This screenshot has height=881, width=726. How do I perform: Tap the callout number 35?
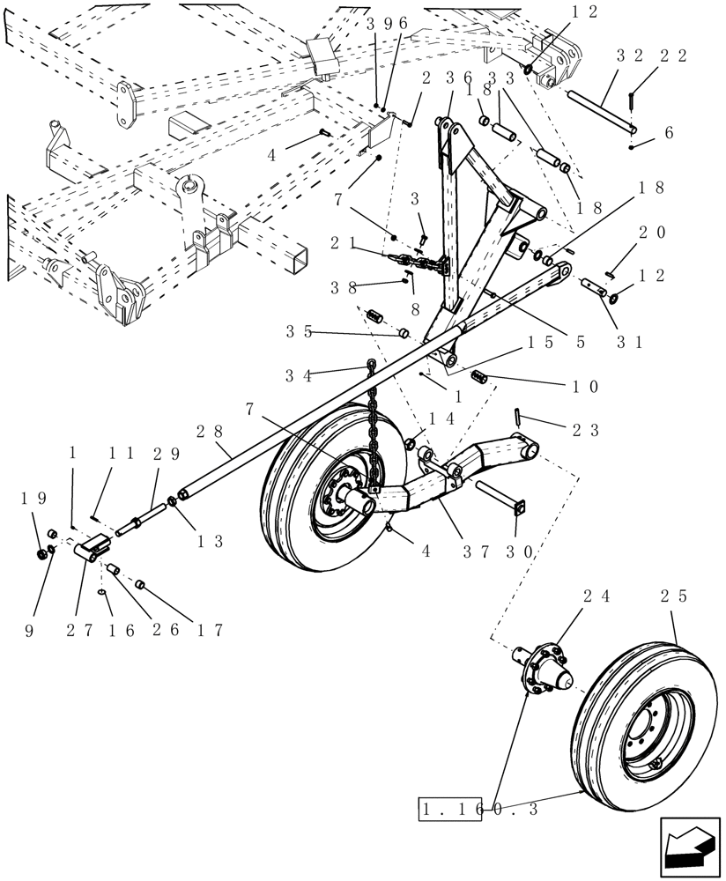pos(299,332)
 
